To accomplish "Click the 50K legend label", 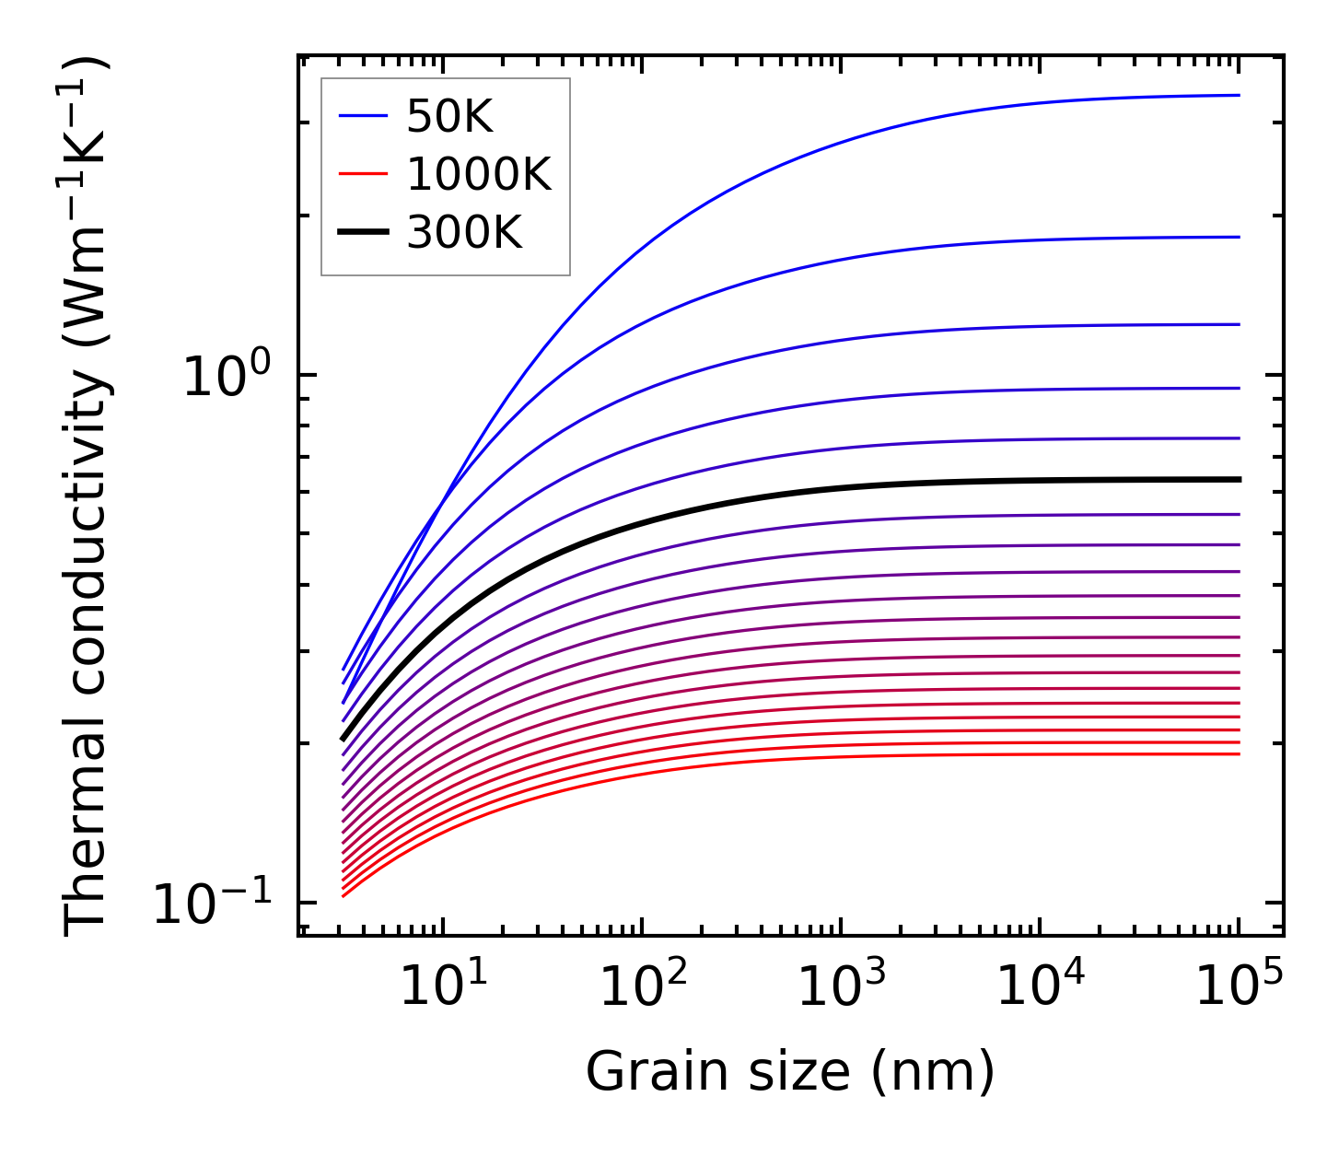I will [449, 117].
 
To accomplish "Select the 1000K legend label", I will [479, 174].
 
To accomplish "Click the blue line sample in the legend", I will [364, 116].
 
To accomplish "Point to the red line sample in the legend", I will [364, 174].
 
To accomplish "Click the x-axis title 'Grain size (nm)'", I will [790, 1072].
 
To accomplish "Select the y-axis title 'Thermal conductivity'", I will [87, 497].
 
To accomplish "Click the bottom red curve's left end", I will [343, 895].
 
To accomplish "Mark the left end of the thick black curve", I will [343, 738].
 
